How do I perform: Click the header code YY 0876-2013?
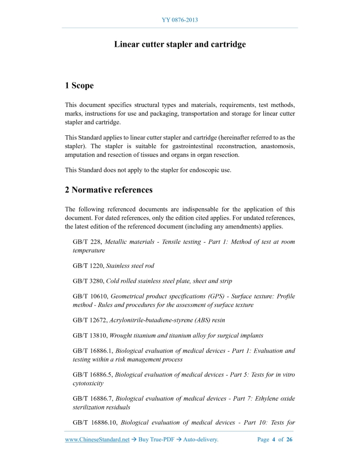(179, 20)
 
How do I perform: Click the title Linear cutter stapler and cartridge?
(179, 44)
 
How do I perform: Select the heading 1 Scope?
(79, 85)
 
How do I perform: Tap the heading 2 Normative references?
(109, 190)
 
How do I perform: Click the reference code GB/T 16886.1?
(93, 351)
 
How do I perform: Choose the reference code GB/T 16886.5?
(93, 375)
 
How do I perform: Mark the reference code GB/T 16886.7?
(93, 399)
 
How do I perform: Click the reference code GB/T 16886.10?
(94, 423)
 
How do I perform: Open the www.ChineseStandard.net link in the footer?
(97, 440)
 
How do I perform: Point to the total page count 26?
(289, 440)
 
